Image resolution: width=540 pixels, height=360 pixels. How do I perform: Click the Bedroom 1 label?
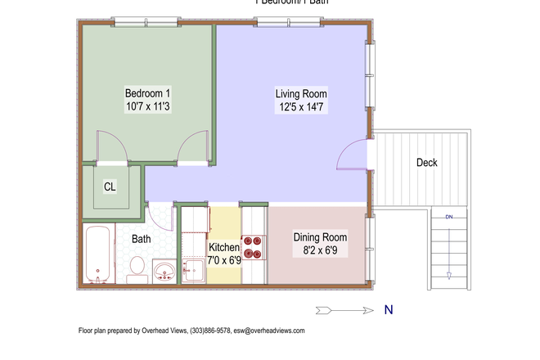(x=147, y=92)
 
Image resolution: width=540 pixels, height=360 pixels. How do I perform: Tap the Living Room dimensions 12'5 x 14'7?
(x=301, y=107)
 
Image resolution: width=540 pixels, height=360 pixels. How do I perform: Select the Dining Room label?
(x=321, y=238)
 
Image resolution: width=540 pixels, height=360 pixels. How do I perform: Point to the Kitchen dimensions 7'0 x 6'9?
(x=224, y=260)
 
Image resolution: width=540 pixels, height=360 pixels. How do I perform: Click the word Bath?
(x=142, y=240)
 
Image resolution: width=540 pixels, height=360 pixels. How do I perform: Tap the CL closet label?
(x=110, y=187)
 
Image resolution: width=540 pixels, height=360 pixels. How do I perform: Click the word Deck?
(x=426, y=163)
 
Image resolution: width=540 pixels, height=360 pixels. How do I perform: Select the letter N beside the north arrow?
(x=389, y=310)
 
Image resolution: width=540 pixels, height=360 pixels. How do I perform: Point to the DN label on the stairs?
(x=449, y=217)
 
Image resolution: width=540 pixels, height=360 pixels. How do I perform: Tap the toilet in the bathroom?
(x=137, y=269)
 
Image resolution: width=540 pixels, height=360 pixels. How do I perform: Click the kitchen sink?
(x=194, y=268)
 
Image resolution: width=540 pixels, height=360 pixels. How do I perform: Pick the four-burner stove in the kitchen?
(x=254, y=247)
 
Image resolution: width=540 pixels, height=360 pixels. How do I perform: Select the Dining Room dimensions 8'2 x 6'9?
(x=321, y=252)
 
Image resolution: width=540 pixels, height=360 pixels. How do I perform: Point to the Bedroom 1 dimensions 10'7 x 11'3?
(x=147, y=107)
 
